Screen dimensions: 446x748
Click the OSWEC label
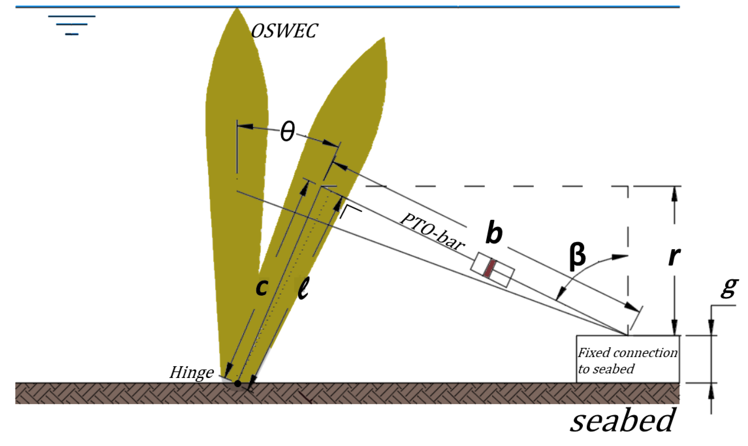[x=284, y=31]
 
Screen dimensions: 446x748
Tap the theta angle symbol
[x=287, y=132]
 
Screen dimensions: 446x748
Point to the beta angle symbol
[x=578, y=256]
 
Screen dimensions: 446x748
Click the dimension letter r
[x=674, y=257]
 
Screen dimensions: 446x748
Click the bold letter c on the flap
[x=262, y=287]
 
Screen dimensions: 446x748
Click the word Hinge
[x=191, y=373]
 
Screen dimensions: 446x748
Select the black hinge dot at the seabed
[x=238, y=383]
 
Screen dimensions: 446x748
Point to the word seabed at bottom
[x=622, y=421]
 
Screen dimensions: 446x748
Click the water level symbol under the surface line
[x=72, y=25]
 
